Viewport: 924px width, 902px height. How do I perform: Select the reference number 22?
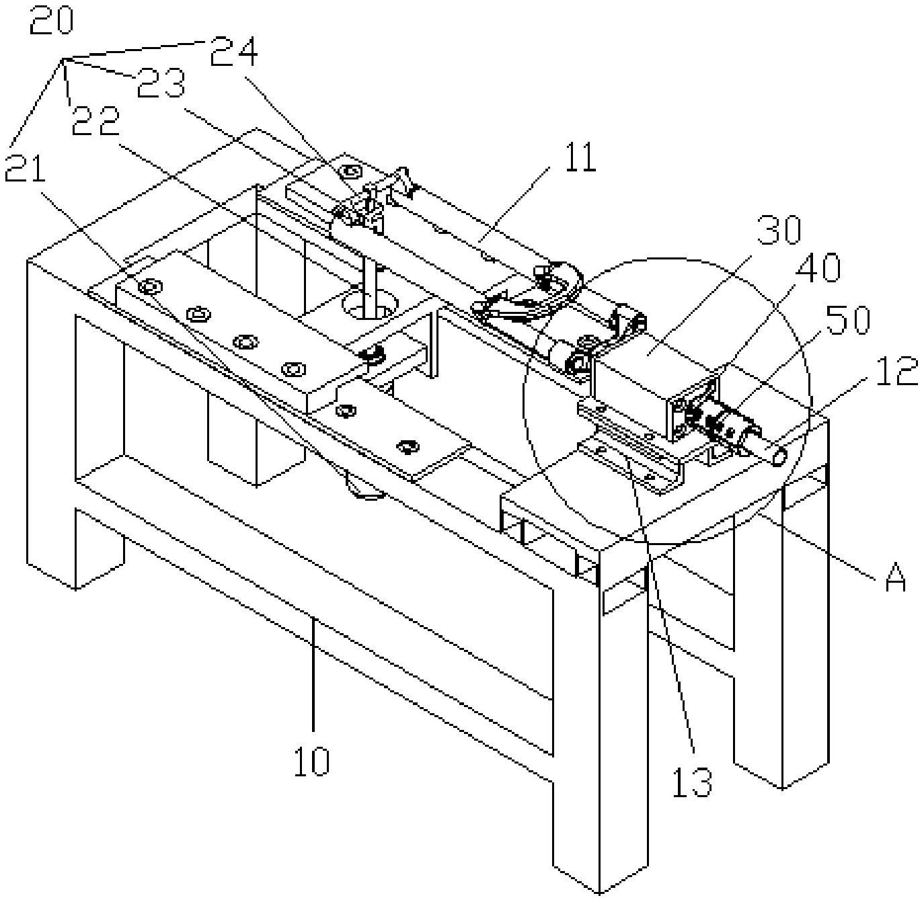coord(95,122)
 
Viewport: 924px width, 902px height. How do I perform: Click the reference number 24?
coord(234,51)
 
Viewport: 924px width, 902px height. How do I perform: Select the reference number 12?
coord(892,371)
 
